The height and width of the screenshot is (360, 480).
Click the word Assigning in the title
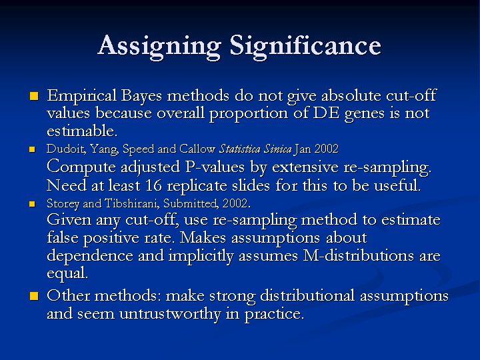[159, 47]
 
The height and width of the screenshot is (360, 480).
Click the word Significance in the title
[305, 47]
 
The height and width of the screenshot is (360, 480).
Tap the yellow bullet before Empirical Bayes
[34, 96]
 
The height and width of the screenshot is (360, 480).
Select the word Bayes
[141, 97]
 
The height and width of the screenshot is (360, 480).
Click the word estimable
[82, 131]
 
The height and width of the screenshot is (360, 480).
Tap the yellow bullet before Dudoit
[32, 149]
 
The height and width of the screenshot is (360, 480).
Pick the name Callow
[197, 149]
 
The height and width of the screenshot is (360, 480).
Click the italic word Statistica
[240, 149]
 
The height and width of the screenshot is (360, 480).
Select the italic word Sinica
[278, 149]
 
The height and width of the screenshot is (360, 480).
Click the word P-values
[215, 167]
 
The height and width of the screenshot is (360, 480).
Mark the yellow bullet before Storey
[32, 204]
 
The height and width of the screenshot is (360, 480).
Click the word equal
[67, 273]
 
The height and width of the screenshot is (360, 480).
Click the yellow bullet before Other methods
[34, 296]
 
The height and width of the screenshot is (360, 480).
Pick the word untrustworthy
[170, 314]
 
